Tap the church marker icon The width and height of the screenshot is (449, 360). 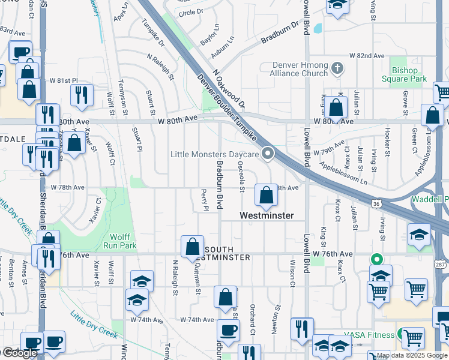pos(337,68)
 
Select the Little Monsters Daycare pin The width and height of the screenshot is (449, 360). pos(268,154)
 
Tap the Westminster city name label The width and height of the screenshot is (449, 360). pos(267,215)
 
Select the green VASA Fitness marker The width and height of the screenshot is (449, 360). pos(401,334)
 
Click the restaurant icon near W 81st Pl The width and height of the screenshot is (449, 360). pos(80,95)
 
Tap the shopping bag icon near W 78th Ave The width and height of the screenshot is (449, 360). pos(265,194)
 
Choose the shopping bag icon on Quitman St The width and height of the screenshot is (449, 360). pos(192,247)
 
